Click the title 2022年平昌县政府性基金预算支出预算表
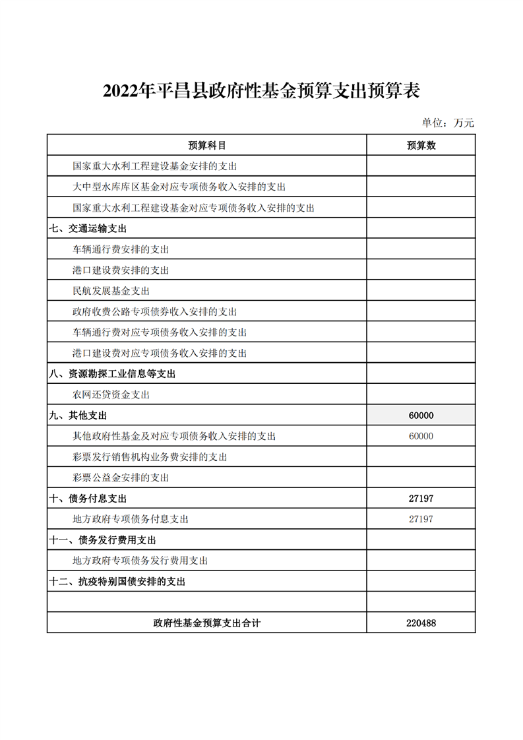[261, 91]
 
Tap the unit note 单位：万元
[448, 123]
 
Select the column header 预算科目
[206, 146]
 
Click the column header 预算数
[421, 146]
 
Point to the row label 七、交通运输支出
[88, 229]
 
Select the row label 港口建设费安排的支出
[121, 270]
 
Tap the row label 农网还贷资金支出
[111, 395]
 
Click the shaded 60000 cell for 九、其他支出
[421, 416]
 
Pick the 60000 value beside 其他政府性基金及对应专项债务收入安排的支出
[421, 436]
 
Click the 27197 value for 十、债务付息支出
[421, 499]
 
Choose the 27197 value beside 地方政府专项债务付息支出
[421, 519]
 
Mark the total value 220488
[421, 623]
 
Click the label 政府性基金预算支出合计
[206, 623]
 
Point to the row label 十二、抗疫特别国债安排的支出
[117, 582]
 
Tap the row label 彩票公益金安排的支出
[121, 478]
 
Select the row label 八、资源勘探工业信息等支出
[112, 374]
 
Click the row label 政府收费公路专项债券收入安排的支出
[154, 312]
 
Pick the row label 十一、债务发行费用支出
[103, 540]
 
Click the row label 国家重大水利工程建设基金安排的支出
[154, 167]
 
